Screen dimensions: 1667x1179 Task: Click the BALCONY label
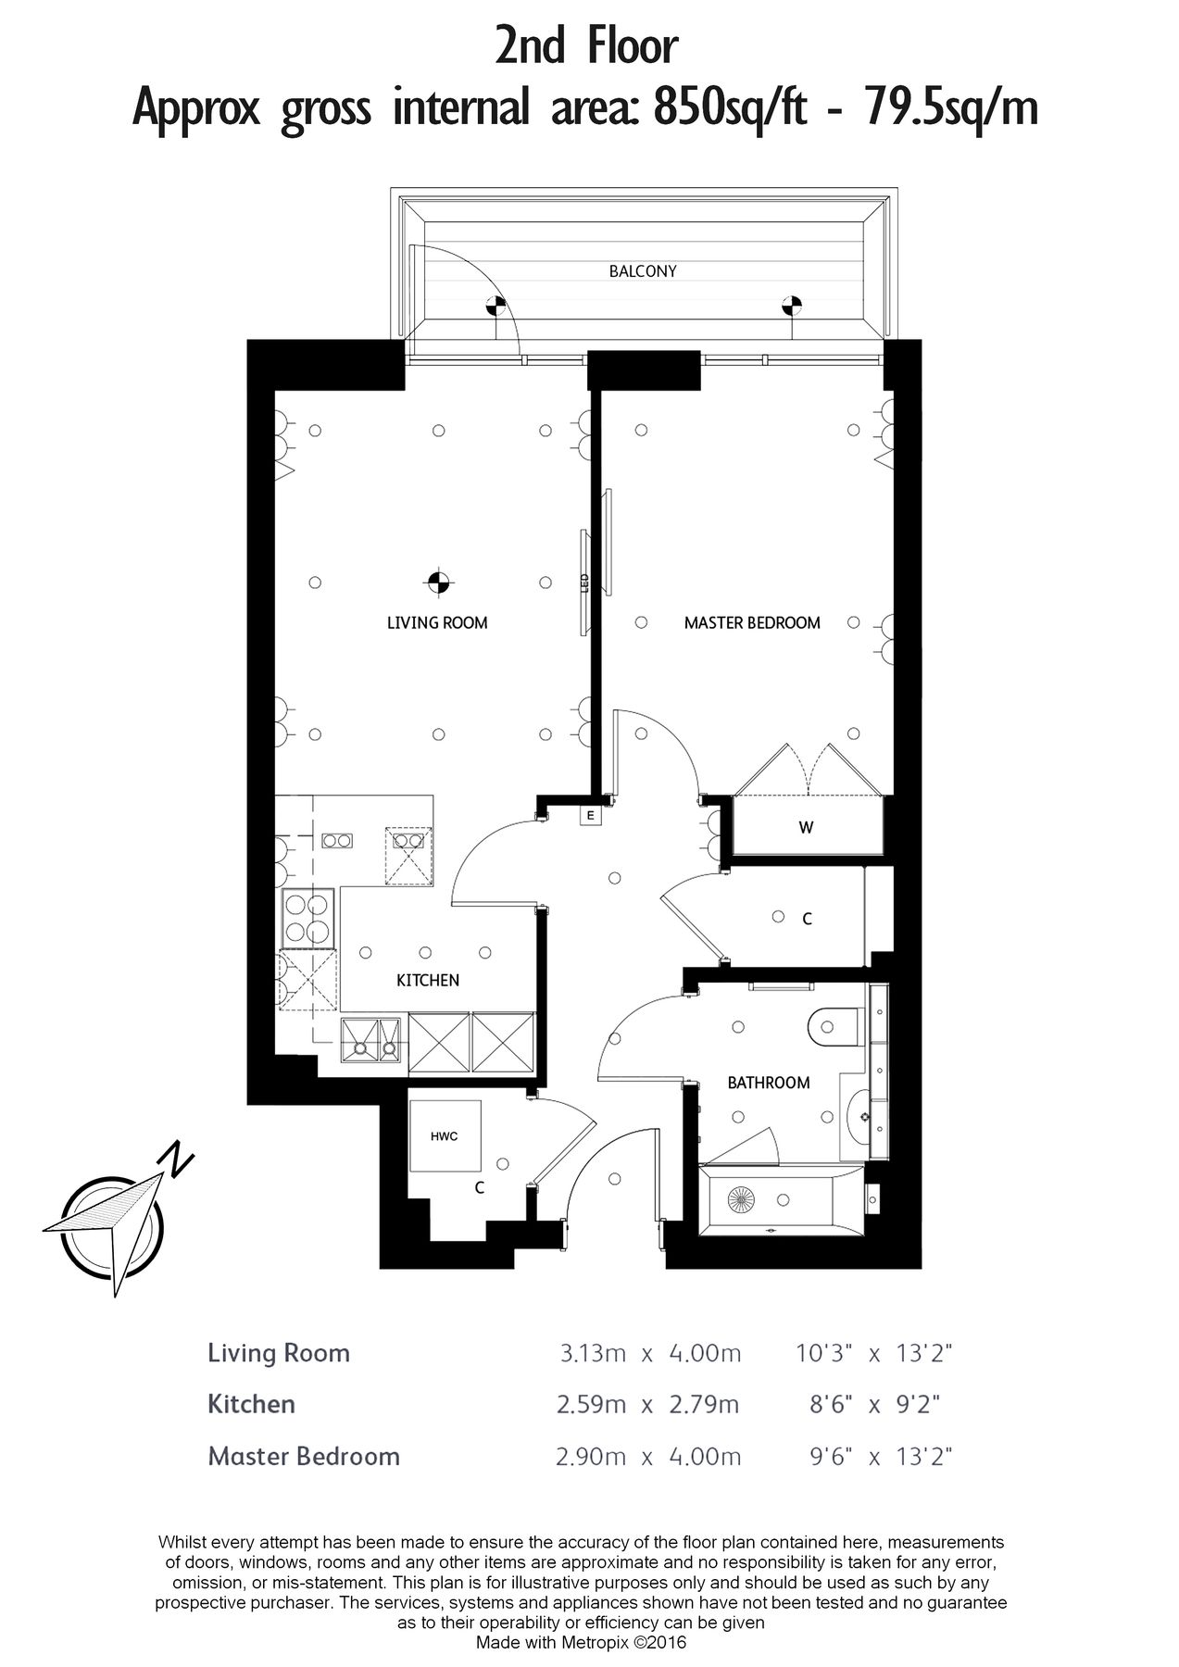click(x=642, y=271)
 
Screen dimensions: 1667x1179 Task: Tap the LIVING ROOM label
click(x=437, y=622)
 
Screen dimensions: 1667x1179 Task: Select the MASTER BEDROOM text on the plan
click(x=752, y=622)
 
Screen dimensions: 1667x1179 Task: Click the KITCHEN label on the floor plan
click(x=427, y=980)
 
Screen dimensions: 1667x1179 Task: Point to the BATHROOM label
click(x=768, y=1082)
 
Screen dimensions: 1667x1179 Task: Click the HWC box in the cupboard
click(x=445, y=1136)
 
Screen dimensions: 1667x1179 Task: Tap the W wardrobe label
click(x=806, y=827)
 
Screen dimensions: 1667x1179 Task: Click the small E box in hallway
click(x=589, y=816)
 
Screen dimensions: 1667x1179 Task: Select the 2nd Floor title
click(x=585, y=46)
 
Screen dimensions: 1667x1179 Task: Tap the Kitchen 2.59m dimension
click(x=593, y=1405)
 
